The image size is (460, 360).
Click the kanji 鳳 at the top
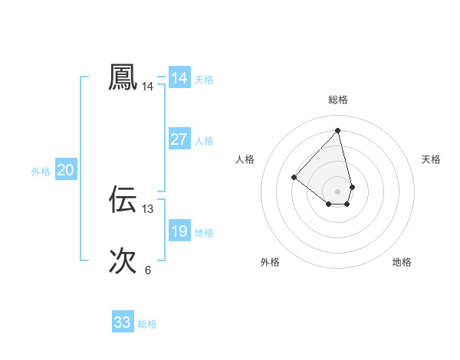[123, 77]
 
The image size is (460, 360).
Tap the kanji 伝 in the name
[123, 199]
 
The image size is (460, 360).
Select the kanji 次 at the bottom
[123, 261]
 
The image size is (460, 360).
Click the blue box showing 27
[179, 139]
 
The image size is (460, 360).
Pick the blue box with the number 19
[179, 231]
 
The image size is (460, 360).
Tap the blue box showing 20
[65, 170]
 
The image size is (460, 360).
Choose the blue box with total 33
[122, 322]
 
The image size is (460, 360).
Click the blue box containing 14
[179, 78]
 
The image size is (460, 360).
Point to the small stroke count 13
[148, 208]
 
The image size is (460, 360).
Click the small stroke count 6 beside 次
[148, 270]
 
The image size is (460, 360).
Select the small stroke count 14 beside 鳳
[148, 87]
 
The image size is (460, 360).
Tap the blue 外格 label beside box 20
[41, 172]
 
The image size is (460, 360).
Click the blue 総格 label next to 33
[147, 324]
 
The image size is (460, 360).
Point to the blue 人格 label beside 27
[204, 141]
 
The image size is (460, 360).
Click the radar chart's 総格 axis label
[338, 100]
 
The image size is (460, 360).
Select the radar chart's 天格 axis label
[431, 159]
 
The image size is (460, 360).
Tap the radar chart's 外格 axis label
[270, 262]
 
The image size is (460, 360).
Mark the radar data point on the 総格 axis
[338, 130]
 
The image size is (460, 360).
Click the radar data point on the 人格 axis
[294, 177]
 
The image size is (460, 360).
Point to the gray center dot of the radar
[338, 191]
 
